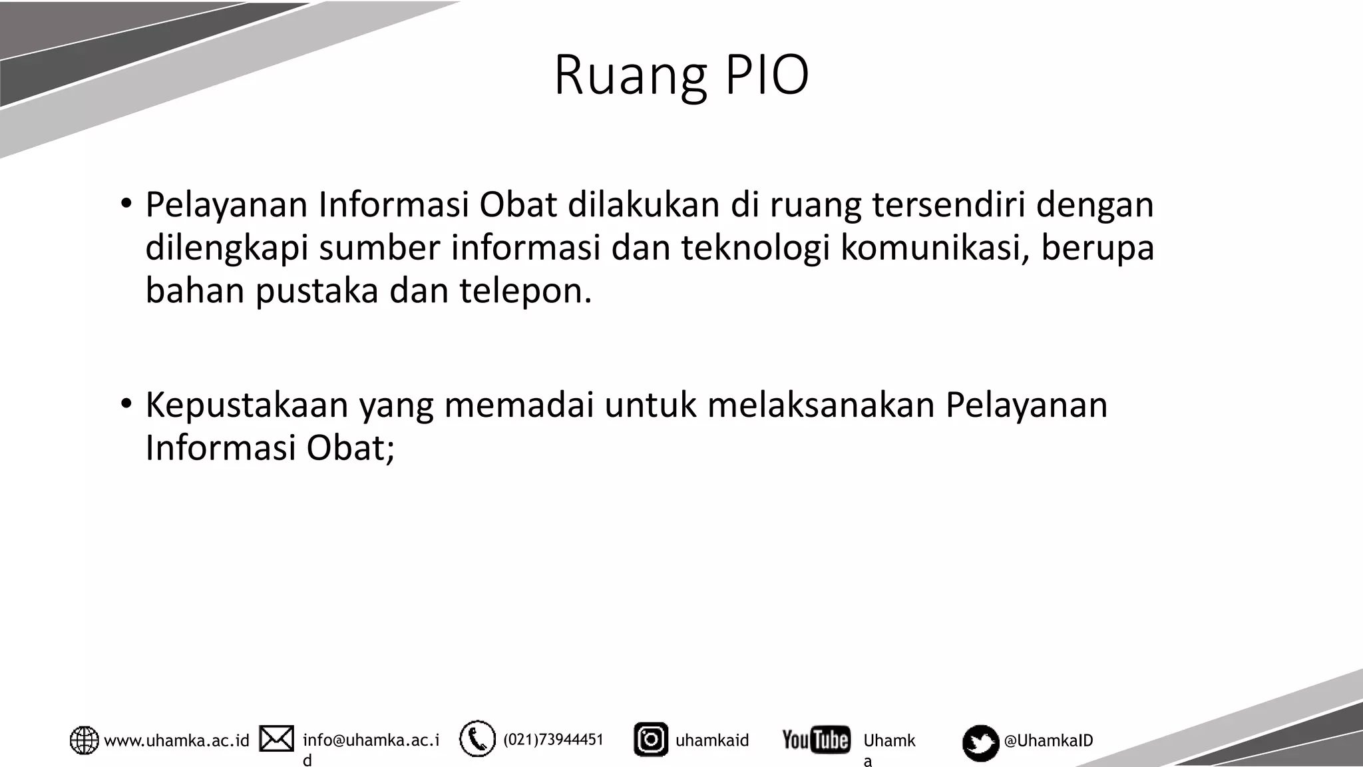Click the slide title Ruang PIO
click(681, 75)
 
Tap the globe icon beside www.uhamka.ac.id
click(85, 740)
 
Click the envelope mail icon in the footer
click(276, 739)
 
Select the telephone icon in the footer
click(477, 739)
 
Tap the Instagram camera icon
click(650, 740)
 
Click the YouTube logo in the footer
click(816, 740)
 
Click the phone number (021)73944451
click(553, 740)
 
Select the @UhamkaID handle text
click(1048, 740)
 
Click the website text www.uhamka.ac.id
click(176, 740)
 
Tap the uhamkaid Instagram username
click(712, 740)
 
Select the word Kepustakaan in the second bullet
click(246, 405)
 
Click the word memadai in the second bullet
click(518, 405)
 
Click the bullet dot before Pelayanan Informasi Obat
click(126, 203)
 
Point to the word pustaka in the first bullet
click(316, 291)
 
